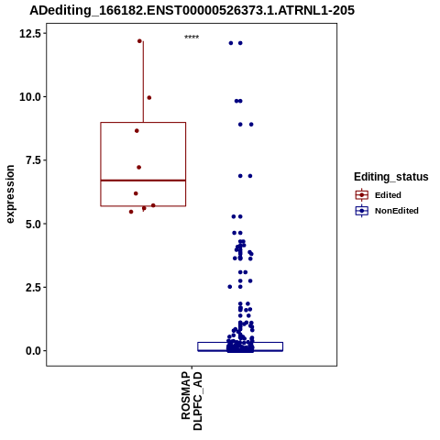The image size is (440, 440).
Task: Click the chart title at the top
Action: [x=192, y=10]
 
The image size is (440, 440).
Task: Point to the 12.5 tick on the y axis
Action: [x=30, y=33]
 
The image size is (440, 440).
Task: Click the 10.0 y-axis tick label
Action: [x=30, y=97]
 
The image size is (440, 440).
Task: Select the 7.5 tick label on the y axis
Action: [x=33, y=160]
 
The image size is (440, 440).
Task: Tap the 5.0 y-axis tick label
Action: [x=33, y=224]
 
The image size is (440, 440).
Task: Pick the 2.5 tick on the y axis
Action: [x=33, y=287]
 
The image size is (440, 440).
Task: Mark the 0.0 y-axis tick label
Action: [x=33, y=351]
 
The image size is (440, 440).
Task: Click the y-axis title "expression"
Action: [x=10, y=194]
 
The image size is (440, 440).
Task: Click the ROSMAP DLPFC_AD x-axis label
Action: [x=192, y=401]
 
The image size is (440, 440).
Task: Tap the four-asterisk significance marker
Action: [x=192, y=37]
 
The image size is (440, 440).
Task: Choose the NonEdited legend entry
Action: [x=387, y=211]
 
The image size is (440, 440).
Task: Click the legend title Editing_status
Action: [x=391, y=177]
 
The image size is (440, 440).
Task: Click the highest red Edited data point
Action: [x=139, y=41]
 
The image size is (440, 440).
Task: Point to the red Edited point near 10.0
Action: [x=149, y=98]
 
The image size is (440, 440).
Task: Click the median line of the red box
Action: [x=143, y=181]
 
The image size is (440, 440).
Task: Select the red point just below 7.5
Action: [x=138, y=167]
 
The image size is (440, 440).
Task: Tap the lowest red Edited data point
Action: [x=131, y=212]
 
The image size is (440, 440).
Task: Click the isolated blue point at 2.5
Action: [x=230, y=287]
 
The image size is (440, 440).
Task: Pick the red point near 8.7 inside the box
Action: [x=137, y=131]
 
